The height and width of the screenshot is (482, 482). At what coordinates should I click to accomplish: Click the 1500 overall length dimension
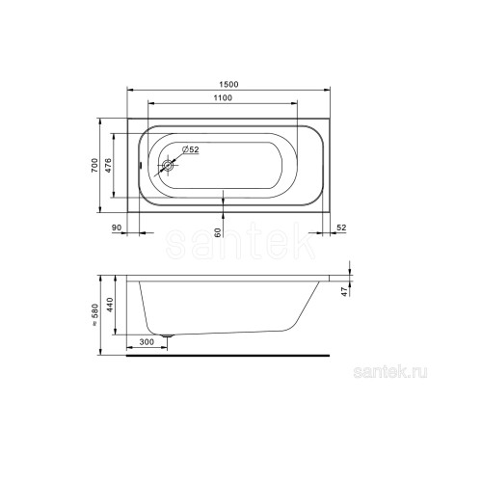[228, 84]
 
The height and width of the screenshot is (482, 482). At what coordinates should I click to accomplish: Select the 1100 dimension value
[223, 97]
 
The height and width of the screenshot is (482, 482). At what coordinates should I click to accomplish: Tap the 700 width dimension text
[94, 166]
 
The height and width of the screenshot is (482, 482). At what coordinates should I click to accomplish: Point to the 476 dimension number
[108, 166]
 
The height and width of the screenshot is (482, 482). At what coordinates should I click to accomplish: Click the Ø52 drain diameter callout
[191, 149]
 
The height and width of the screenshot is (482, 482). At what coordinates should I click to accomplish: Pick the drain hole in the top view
[168, 166]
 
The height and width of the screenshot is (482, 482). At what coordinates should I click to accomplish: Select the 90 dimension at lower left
[117, 228]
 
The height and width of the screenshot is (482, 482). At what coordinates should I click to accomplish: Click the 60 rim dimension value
[218, 232]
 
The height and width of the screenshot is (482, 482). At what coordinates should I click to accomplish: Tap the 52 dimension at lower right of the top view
[341, 228]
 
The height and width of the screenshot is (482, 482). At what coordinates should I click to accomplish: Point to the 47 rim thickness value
[345, 292]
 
